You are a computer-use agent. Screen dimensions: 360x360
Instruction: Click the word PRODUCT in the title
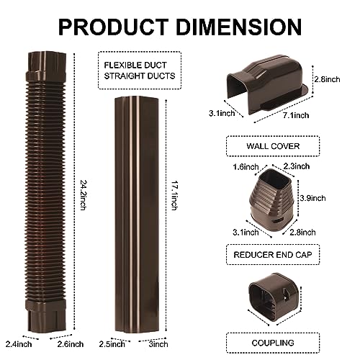tap(113, 27)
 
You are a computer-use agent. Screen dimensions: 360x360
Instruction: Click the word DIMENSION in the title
tap(239, 27)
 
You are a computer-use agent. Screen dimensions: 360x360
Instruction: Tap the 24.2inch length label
tap(83, 195)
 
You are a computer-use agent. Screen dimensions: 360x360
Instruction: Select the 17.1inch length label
tap(174, 195)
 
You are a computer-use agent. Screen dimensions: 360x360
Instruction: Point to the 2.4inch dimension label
tap(19, 344)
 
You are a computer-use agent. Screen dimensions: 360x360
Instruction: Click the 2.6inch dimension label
tap(71, 344)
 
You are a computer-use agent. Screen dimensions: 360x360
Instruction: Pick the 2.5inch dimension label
tap(112, 344)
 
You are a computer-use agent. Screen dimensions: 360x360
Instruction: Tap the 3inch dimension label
tap(158, 344)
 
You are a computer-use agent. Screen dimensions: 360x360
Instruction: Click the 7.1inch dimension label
tap(296, 115)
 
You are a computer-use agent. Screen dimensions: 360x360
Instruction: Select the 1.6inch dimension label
tap(246, 167)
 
